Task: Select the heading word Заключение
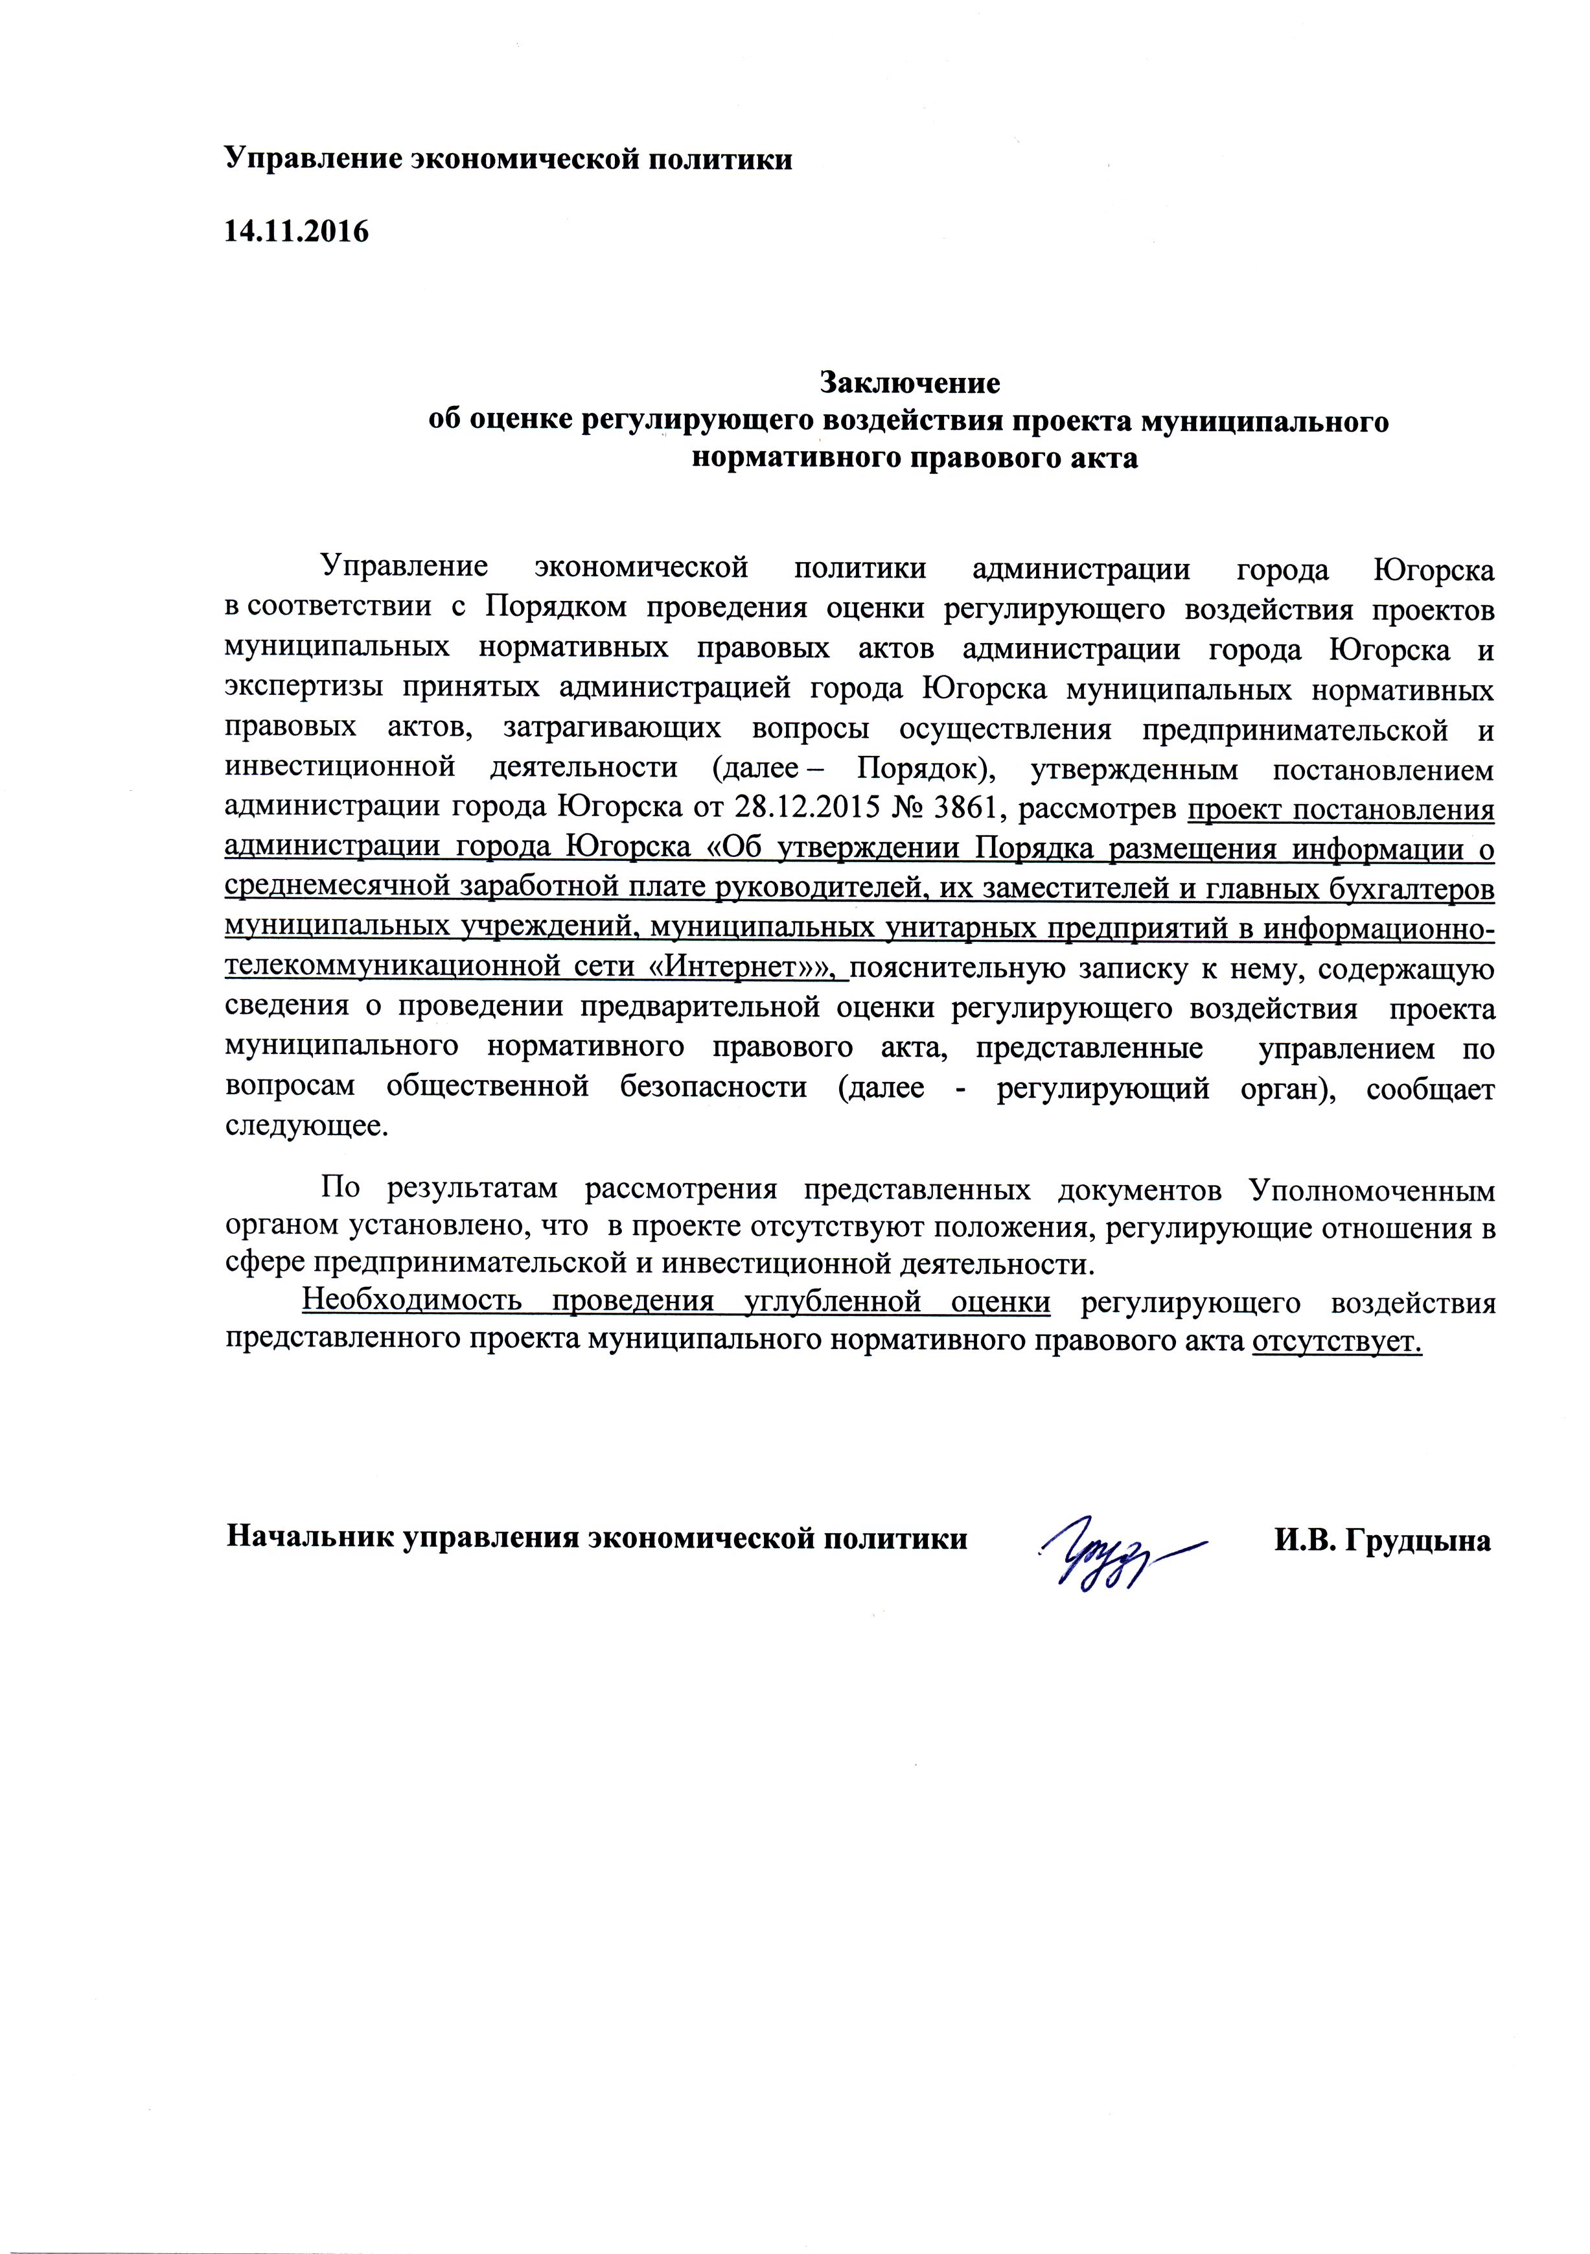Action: (910, 381)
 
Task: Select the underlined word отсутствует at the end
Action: (1336, 1341)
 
